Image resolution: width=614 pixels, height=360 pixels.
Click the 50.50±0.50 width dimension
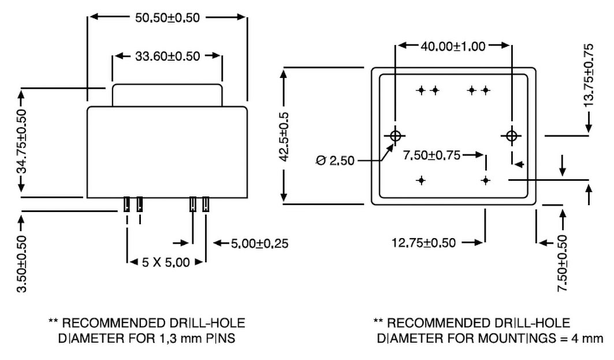[x=168, y=18]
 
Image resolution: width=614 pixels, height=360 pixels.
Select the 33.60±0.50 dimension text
[x=168, y=56]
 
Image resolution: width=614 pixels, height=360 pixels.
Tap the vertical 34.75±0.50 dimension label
[x=22, y=141]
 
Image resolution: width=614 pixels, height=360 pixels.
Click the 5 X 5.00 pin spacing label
[x=166, y=262]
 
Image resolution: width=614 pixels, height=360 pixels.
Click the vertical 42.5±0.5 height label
[x=284, y=136]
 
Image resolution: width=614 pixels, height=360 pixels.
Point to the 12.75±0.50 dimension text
[x=424, y=243]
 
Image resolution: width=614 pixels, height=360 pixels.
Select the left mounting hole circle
[x=396, y=136]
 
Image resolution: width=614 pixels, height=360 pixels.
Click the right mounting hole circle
[x=511, y=136]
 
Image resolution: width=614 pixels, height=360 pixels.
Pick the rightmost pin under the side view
[x=206, y=204]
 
